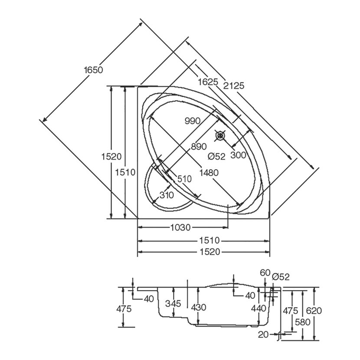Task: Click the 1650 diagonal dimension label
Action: [x=93, y=70]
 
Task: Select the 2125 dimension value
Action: [x=234, y=85]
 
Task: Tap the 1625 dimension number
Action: [x=208, y=82]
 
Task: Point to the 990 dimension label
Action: [x=193, y=121]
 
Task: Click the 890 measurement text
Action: [x=199, y=147]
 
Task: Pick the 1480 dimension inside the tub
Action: [x=209, y=173]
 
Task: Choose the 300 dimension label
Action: [x=238, y=155]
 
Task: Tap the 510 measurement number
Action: [x=184, y=179]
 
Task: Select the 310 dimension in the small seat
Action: [x=167, y=195]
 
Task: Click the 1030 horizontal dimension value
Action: [x=180, y=228]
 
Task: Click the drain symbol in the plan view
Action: [x=220, y=135]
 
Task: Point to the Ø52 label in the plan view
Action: [x=216, y=156]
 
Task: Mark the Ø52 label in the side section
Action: [x=281, y=277]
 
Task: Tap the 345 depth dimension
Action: [x=173, y=304]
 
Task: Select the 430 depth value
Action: [x=199, y=307]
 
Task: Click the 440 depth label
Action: [x=259, y=308]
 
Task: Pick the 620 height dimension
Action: [x=314, y=311]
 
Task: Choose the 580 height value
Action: [x=303, y=322]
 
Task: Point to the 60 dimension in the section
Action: [x=265, y=273]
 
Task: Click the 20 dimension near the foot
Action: [x=263, y=334]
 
